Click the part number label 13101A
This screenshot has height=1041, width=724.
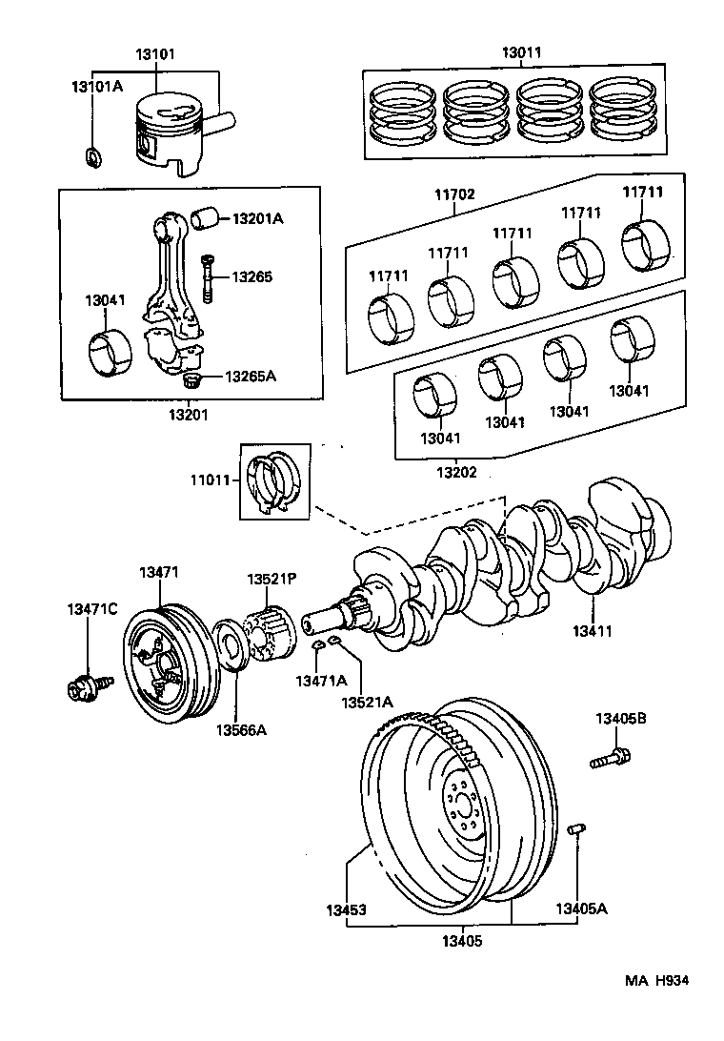click(x=97, y=87)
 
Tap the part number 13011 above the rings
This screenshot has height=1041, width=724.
click(x=522, y=53)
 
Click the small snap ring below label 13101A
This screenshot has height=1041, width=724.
click(x=92, y=154)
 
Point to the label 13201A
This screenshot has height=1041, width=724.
click(x=257, y=218)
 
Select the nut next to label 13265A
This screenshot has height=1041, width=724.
click(x=191, y=381)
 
